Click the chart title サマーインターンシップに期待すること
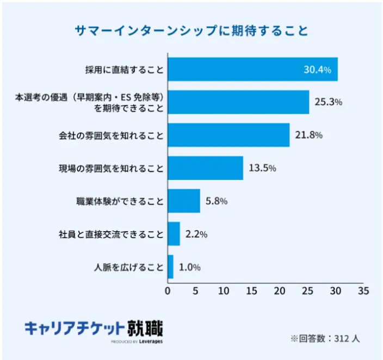click(191, 30)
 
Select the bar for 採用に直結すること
click(252, 69)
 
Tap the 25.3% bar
click(238, 102)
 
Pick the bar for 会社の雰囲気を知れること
click(228, 135)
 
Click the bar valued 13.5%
click(205, 168)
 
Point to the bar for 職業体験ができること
click(184, 201)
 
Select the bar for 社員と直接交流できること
click(174, 234)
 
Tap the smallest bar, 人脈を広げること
click(170, 267)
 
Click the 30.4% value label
click(317, 70)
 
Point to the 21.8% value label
click(308, 135)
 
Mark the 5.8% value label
click(217, 201)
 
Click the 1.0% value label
click(190, 267)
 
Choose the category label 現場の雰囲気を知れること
click(111, 168)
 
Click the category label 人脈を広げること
click(128, 267)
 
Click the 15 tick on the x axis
click(251, 291)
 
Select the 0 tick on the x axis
click(168, 291)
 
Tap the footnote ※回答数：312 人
click(325, 338)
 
